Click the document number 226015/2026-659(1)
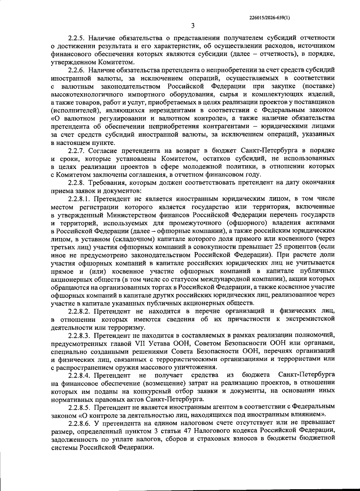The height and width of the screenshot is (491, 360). coord(269,18)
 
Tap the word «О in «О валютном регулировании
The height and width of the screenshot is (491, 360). coord(56,119)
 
